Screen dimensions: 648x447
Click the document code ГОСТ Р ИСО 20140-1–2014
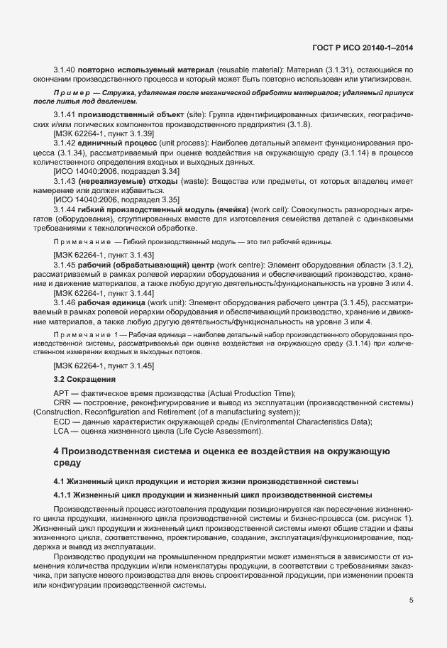coord(363,48)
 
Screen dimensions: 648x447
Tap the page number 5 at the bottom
coord(412,600)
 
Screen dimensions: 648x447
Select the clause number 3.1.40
coord(65,70)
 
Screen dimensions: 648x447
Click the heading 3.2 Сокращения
coord(84,380)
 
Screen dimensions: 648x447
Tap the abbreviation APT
coord(62,393)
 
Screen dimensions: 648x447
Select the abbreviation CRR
coord(62,403)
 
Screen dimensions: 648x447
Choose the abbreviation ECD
coord(62,422)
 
